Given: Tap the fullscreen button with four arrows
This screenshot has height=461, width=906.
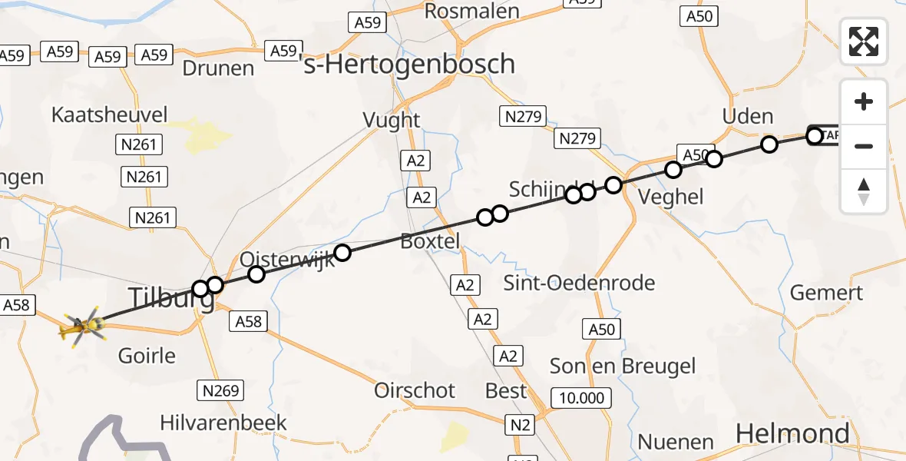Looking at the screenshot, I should point(864,41).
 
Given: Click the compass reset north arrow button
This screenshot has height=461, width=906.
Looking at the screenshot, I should point(864,191).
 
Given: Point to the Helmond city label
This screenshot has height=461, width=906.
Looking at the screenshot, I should point(792,433).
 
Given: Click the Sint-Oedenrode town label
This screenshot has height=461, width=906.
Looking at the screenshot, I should point(579,283).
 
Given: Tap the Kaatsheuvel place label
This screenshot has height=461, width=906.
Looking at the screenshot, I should point(109,115).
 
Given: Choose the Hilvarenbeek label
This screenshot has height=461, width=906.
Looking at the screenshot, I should point(223,423).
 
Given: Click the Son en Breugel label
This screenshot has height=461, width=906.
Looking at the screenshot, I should point(623,366).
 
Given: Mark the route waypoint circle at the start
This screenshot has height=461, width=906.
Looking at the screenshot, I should point(815,136).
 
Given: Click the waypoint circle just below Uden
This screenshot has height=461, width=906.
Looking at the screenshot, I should point(769,144).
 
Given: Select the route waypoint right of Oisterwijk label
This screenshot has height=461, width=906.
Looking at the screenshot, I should point(342,252).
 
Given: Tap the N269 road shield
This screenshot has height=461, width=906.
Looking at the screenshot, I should point(220,390).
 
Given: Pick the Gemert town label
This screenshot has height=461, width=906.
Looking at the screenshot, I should point(826,293).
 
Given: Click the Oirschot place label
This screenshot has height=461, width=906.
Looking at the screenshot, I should point(415,390).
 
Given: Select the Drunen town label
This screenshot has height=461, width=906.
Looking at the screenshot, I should point(218,68).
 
